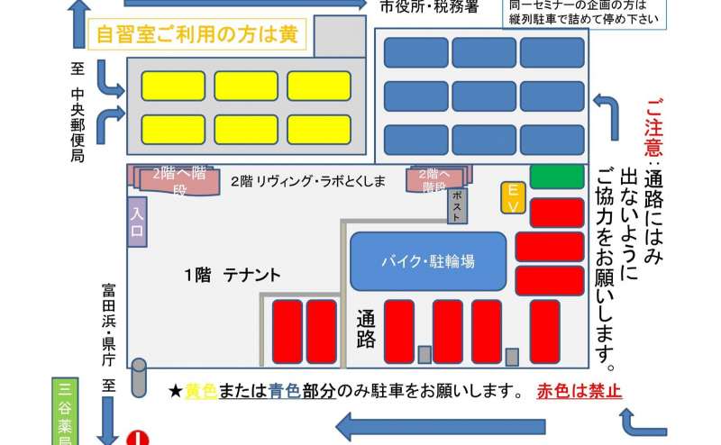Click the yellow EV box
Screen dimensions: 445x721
click(514, 197)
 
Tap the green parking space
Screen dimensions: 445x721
click(556, 176)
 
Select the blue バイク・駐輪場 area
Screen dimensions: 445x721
click(428, 261)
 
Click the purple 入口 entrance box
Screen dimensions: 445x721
click(136, 221)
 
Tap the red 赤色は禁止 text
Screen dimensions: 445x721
click(579, 392)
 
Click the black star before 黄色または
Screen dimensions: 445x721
click(177, 392)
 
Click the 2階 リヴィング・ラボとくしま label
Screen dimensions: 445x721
click(307, 180)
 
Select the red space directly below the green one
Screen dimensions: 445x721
click(556, 213)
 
